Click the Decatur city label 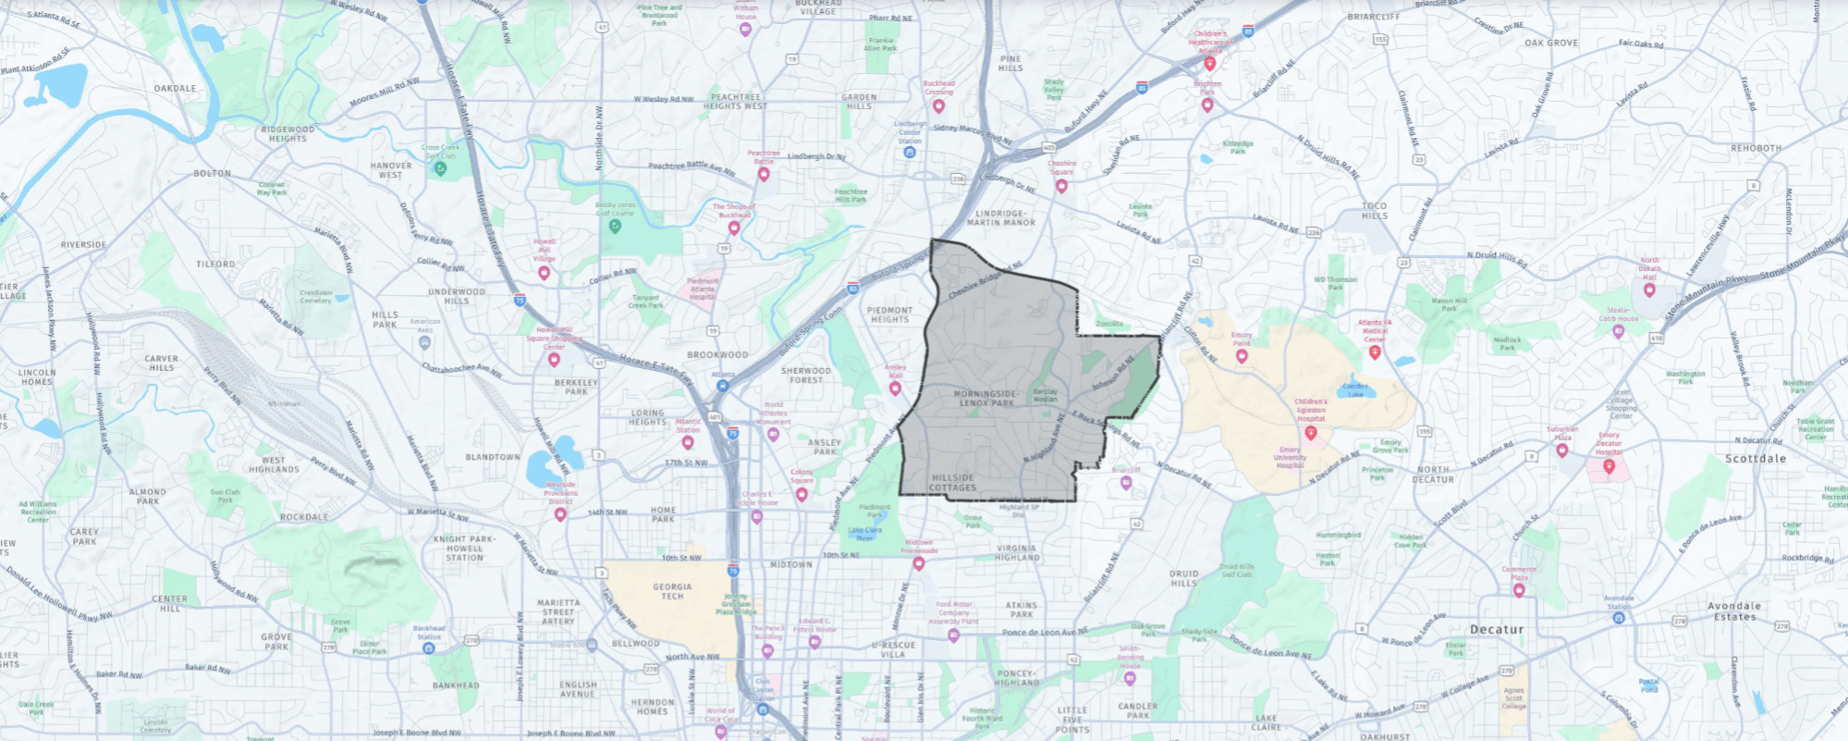1496,629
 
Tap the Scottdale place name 1755,459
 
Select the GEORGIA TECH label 672,591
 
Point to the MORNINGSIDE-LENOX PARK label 985,399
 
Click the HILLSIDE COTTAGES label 952,483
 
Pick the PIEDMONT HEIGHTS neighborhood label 889,315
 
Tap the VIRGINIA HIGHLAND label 1017,553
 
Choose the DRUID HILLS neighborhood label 1183,578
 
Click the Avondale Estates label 1734,611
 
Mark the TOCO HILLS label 1374,211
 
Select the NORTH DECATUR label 1433,475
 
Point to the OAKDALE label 175,89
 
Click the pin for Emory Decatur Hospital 1609,466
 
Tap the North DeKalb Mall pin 1649,290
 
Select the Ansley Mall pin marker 895,389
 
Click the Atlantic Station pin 688,442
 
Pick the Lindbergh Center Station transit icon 910,152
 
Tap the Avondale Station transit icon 1619,617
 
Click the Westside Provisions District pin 560,513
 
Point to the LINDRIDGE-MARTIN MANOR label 1001,217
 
